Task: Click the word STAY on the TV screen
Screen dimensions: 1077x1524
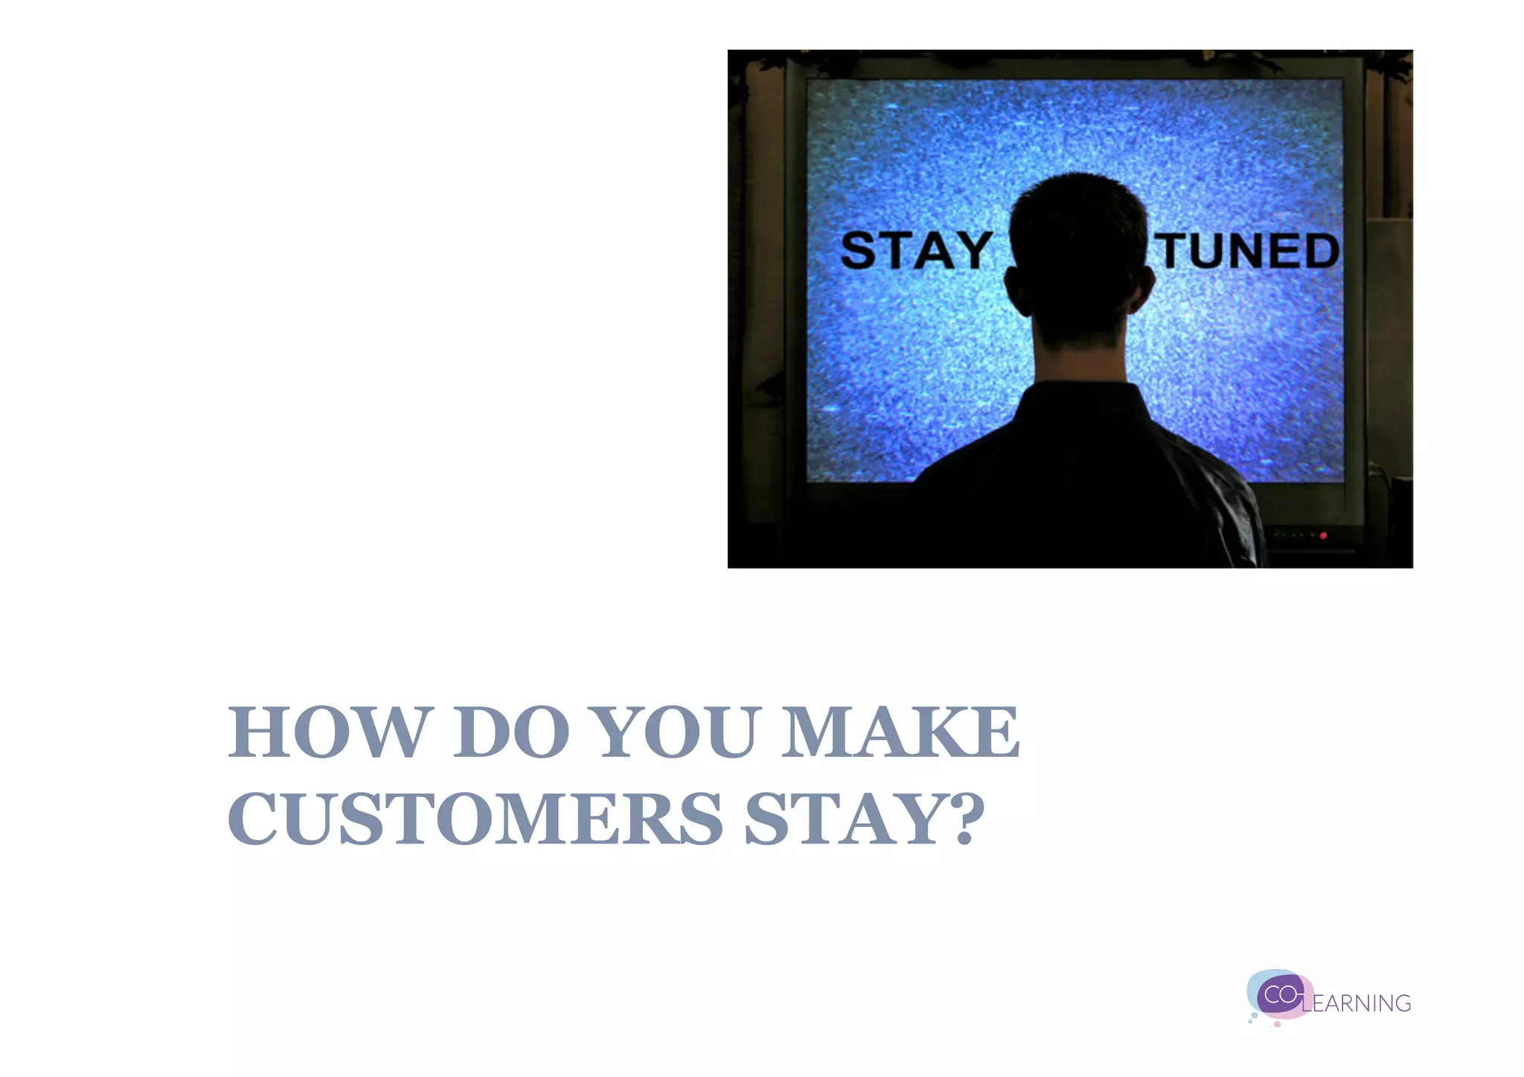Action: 915,251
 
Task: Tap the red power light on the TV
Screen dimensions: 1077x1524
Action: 1323,535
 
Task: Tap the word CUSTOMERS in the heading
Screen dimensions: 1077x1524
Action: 475,819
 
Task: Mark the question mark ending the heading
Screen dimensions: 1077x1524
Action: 964,819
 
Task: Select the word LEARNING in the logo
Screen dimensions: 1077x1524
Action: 1357,1004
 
